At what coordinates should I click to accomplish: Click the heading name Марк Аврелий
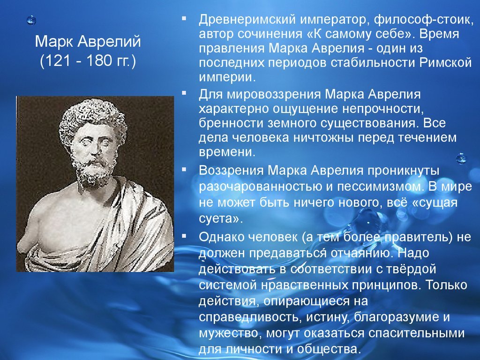coord(88,41)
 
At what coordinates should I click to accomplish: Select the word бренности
coord(231,123)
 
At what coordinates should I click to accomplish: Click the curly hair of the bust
coord(93,116)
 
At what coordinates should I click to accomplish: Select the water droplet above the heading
coord(31,20)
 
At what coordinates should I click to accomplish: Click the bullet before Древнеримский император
coord(184,18)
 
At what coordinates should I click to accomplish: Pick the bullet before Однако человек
coord(184,236)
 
